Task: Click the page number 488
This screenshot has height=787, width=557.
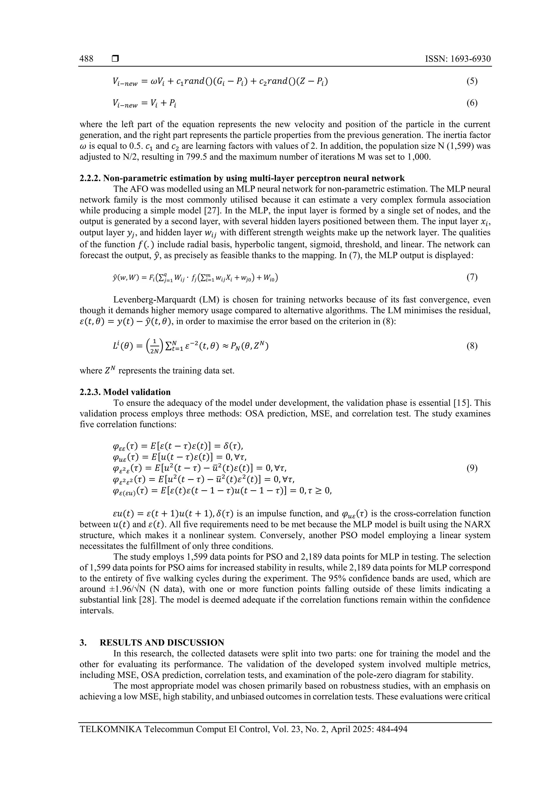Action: [86, 59]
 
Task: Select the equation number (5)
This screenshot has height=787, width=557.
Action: [472, 81]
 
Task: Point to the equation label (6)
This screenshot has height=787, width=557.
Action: [472, 103]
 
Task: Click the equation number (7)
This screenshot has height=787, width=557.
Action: [472, 277]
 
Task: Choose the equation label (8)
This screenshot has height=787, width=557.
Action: [472, 346]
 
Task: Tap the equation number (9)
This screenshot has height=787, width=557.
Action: [472, 468]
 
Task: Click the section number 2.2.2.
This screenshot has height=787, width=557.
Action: [90, 178]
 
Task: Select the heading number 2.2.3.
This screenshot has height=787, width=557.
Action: [90, 392]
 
